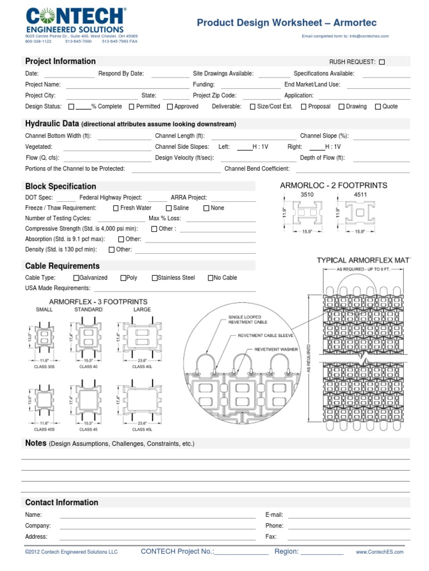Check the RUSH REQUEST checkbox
click(x=382, y=62)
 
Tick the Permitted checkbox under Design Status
click(x=132, y=107)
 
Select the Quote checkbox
click(x=378, y=107)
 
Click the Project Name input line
click(x=127, y=85)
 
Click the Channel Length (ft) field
click(x=253, y=136)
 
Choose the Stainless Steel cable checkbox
click(x=155, y=278)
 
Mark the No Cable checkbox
click(x=211, y=278)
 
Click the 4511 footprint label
click(x=361, y=195)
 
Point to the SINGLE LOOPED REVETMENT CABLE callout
click(x=247, y=320)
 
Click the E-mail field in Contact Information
click(x=349, y=515)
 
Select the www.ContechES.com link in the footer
click(x=380, y=552)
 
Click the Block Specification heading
click(x=61, y=186)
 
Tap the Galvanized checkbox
click(x=76, y=278)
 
